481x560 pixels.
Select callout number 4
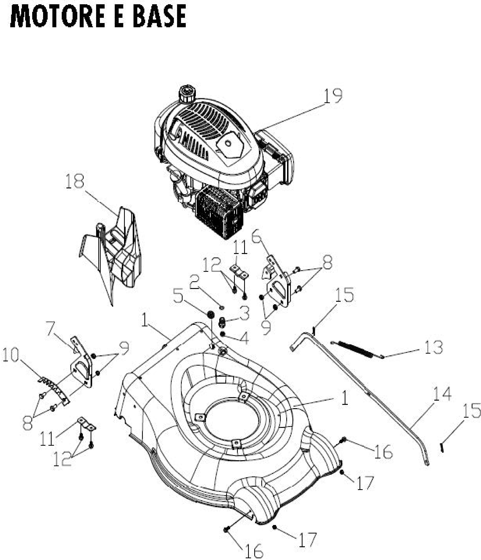244,338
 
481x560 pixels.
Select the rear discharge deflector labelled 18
114,254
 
